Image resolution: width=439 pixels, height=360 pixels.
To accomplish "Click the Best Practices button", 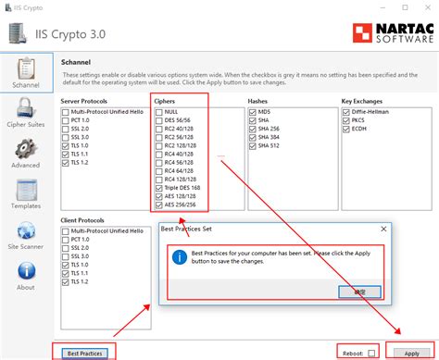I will point(84,352).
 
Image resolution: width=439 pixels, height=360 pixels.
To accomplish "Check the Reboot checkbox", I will point(371,353).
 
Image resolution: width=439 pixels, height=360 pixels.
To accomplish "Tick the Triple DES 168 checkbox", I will point(159,188).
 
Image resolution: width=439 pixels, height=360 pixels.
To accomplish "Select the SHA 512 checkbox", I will point(253,145).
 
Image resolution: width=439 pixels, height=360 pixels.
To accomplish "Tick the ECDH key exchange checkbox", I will point(345,128).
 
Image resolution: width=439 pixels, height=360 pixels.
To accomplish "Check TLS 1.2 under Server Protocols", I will point(65,163).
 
